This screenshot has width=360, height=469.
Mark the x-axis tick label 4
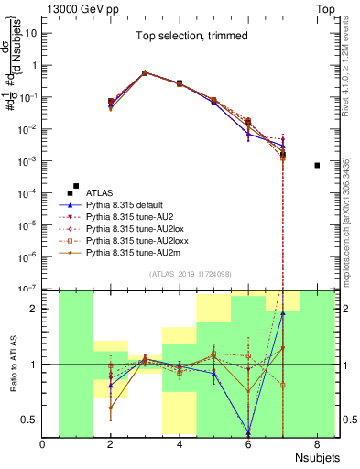(x=180, y=445)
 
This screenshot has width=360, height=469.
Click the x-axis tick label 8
(x=316, y=445)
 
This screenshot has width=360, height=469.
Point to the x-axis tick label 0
(x=43, y=445)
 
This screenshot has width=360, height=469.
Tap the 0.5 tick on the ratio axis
(x=31, y=420)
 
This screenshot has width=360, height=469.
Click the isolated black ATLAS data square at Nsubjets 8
(x=316, y=165)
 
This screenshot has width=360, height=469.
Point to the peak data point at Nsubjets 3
(x=145, y=72)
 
